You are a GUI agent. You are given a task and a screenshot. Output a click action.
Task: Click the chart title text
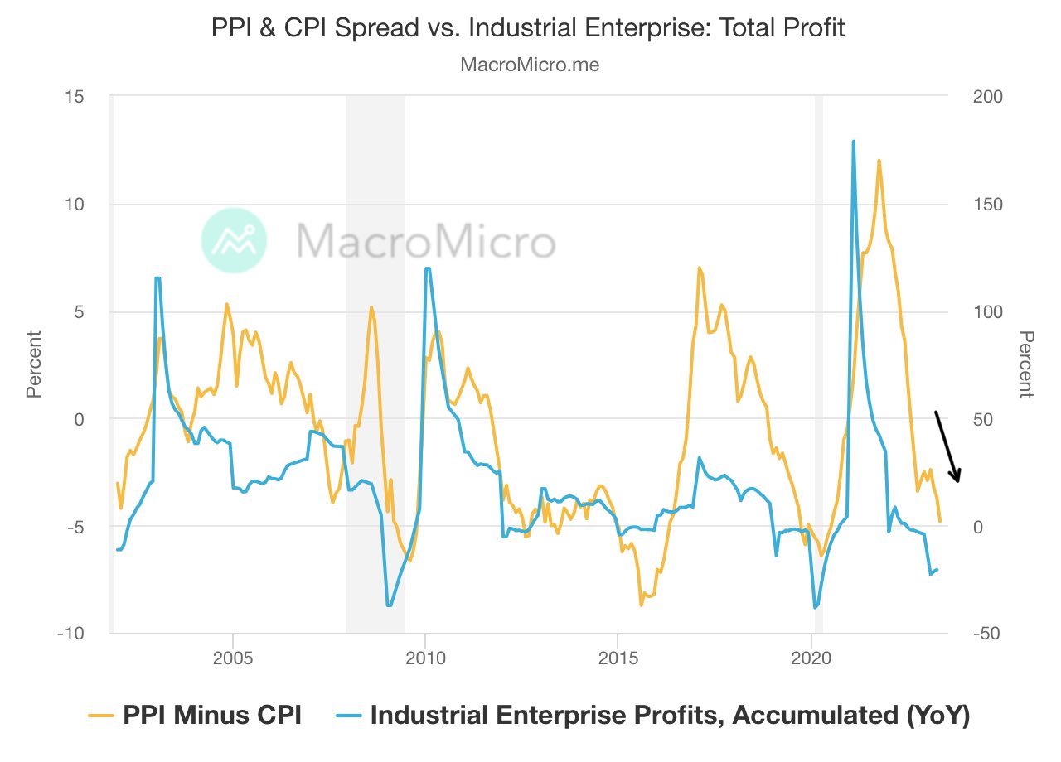[x=530, y=27]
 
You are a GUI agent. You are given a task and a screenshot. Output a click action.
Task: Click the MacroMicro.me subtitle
[x=530, y=65]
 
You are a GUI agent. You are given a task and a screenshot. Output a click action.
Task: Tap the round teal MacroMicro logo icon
[x=235, y=241]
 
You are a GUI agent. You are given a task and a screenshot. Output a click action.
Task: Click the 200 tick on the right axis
[x=987, y=97]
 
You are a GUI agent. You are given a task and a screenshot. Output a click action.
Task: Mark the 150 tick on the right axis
[x=987, y=205]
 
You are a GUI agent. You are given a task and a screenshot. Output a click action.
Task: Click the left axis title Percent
[x=34, y=364]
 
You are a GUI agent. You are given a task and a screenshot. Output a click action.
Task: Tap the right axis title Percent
[x=1026, y=364]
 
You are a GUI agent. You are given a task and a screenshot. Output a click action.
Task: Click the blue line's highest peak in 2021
[x=853, y=142]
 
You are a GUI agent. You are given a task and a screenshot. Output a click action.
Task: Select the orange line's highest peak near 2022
[x=879, y=161]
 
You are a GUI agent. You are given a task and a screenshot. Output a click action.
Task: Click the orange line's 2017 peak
[x=700, y=268]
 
